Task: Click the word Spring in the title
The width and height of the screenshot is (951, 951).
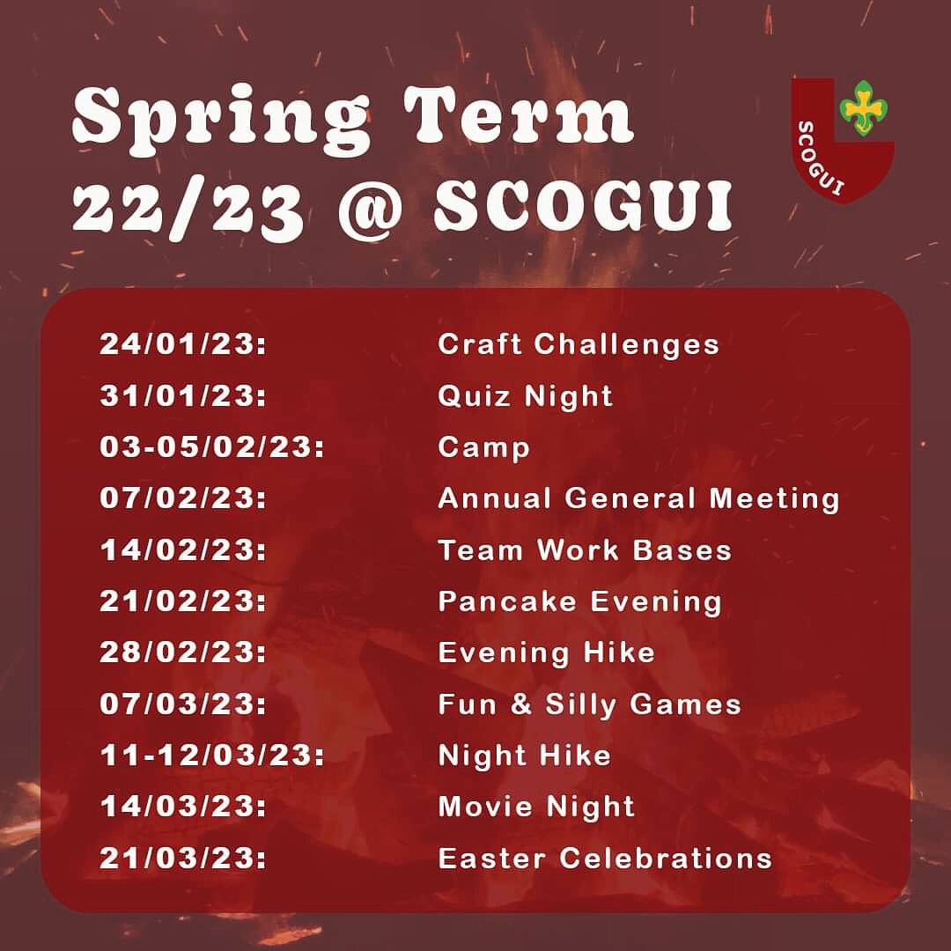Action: point(221,118)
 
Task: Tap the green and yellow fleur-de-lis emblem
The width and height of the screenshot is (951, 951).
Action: point(864,107)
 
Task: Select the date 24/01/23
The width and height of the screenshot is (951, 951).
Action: point(182,343)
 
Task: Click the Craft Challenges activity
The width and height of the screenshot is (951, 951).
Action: point(579,343)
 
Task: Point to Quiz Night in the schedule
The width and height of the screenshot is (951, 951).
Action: point(525,395)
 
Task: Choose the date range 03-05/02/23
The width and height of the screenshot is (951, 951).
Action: point(211,446)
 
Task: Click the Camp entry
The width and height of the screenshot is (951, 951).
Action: point(483,447)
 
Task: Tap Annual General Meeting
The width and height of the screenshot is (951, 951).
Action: point(638,498)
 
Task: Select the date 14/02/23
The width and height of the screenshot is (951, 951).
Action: point(182,550)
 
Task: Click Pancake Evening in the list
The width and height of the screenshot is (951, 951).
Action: point(579,601)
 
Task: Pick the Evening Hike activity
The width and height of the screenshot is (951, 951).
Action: point(546,652)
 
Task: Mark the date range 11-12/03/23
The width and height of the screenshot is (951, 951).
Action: point(211,756)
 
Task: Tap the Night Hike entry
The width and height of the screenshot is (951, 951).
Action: point(524,756)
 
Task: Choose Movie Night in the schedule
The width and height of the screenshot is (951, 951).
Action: point(536,807)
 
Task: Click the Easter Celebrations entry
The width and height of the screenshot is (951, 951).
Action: point(604,858)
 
